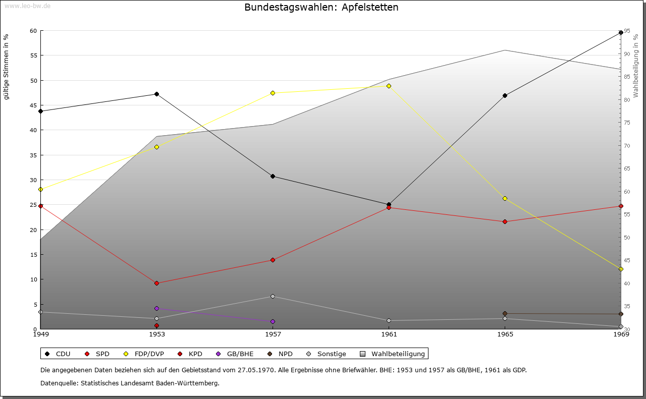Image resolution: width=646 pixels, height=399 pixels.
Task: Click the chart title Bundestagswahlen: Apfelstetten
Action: click(321, 7)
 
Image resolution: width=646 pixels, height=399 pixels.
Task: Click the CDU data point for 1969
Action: click(621, 33)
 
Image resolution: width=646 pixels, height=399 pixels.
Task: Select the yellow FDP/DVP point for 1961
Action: click(389, 86)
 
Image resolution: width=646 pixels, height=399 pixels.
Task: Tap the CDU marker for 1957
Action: click(273, 176)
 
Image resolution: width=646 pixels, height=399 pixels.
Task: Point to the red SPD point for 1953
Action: click(156, 283)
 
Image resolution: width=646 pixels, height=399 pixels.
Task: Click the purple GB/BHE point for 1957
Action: click(273, 321)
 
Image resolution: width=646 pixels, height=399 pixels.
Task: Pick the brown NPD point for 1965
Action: click(505, 314)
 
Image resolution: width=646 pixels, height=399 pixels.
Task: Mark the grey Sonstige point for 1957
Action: click(273, 296)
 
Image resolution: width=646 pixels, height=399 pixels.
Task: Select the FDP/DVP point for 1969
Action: click(621, 269)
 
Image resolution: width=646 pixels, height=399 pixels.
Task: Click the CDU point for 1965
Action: click(505, 95)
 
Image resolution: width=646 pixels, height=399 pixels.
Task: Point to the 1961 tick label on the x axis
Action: click(389, 334)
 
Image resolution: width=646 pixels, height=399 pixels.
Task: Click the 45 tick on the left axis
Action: click(33, 105)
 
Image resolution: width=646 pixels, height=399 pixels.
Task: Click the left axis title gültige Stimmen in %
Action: click(6, 67)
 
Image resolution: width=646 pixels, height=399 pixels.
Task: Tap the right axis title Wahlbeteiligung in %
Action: click(636, 66)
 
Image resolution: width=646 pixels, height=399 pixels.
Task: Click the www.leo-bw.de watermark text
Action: click(26, 6)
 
